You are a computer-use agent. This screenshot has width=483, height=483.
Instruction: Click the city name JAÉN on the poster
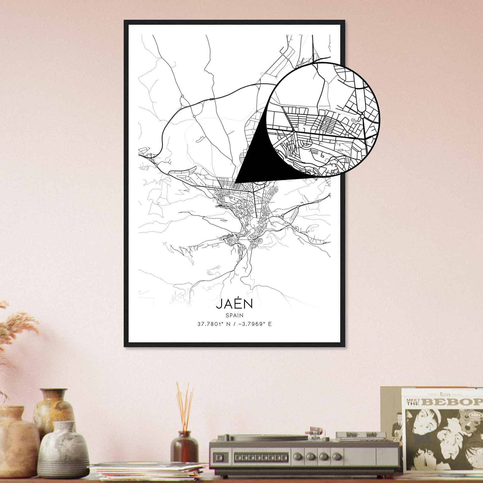click(234, 304)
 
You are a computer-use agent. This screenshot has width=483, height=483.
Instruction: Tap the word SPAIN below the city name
click(234, 315)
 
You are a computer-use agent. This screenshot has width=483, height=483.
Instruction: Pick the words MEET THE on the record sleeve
click(412, 401)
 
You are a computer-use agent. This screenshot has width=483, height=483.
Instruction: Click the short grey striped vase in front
click(63, 450)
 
